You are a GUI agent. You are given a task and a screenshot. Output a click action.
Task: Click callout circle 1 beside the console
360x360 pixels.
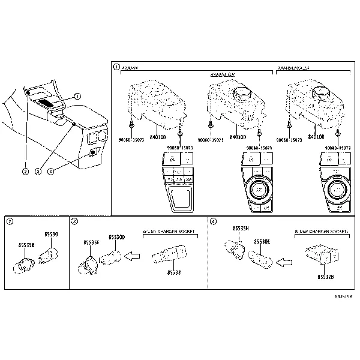(x=77, y=96)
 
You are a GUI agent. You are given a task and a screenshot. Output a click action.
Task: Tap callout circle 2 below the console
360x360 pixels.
(x=25, y=172)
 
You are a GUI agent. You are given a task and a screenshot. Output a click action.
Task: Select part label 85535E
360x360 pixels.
(x=92, y=242)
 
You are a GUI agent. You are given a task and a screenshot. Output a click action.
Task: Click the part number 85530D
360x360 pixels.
(x=117, y=236)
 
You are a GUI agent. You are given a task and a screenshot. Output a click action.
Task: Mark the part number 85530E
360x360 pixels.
(x=262, y=241)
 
